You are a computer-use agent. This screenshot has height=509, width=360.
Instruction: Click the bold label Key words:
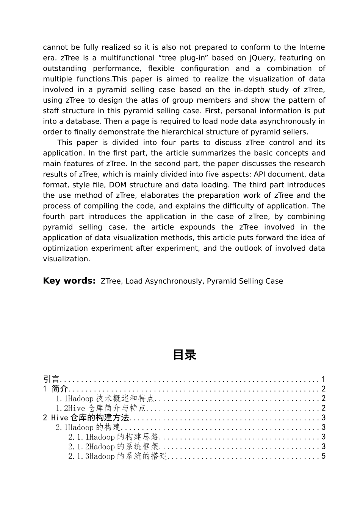[x=69, y=281]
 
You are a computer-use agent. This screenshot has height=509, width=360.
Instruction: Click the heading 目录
[x=184, y=355]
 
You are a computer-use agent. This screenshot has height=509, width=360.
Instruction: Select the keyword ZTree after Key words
[x=111, y=281]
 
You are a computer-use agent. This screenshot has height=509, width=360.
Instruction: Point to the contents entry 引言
[x=51, y=379]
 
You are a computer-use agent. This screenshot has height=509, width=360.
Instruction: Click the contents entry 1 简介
[x=55, y=389]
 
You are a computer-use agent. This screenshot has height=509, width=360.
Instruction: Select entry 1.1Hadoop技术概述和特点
[x=105, y=398]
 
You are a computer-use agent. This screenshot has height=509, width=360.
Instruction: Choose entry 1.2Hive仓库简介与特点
[x=101, y=408]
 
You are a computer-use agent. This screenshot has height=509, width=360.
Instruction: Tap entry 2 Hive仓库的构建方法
[x=86, y=418]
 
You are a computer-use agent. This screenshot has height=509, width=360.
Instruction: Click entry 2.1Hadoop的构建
[x=88, y=428]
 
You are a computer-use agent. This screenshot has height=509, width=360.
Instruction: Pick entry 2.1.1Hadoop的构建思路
[x=113, y=437]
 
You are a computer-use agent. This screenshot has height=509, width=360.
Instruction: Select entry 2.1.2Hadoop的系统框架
[x=113, y=447]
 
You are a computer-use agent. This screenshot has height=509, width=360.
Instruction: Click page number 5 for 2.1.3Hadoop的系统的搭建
[x=323, y=456]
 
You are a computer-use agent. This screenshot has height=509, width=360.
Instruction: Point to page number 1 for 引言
[x=323, y=379]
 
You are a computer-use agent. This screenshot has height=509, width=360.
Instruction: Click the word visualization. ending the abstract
[x=67, y=259]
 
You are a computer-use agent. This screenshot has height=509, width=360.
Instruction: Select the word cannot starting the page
[x=55, y=47]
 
